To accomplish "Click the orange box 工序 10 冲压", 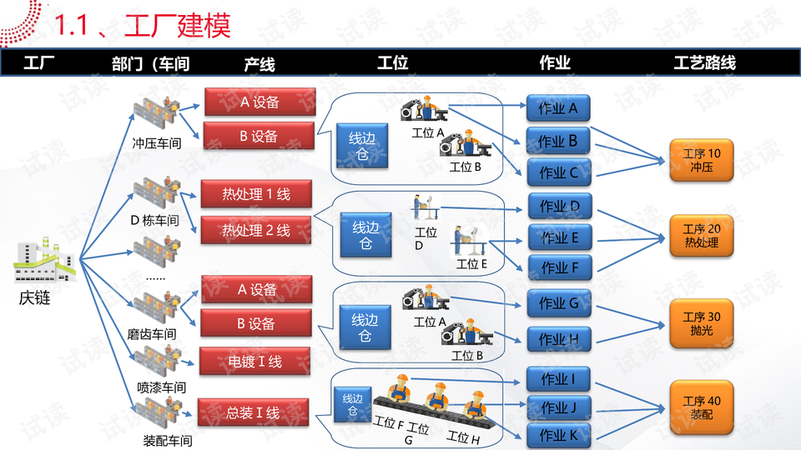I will pyautogui.click(x=701, y=160).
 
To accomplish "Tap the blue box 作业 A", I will pyautogui.click(x=558, y=108).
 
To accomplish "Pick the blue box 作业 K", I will pyautogui.click(x=558, y=435).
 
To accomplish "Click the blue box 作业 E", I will pyautogui.click(x=558, y=238).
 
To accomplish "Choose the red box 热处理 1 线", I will pyautogui.click(x=256, y=194).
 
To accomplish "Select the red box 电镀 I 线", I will pyautogui.click(x=255, y=362).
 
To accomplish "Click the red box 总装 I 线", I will pyautogui.click(x=253, y=412).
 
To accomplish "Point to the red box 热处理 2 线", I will pyautogui.click(x=256, y=229).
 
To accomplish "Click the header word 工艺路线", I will pyautogui.click(x=704, y=63).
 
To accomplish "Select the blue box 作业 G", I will pyautogui.click(x=558, y=304).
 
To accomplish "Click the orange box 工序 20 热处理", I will pyautogui.click(x=701, y=236).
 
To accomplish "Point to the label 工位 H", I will pyautogui.click(x=463, y=437).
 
